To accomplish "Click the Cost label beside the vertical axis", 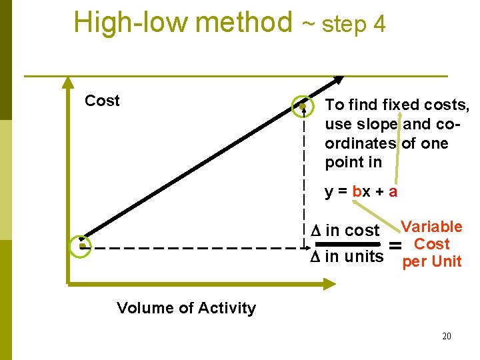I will point(102,101).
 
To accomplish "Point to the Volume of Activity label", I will point(186,308).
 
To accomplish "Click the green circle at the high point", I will point(303,106).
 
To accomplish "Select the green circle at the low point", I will point(81,245).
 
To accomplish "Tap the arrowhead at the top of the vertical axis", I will point(67,82).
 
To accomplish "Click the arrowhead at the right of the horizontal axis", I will point(330,285).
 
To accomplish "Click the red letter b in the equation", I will point(357,192).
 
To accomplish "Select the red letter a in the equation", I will point(393,192).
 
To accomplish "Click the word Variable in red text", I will point(431,227).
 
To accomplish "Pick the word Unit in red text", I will point(447,261).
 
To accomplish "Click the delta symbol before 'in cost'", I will point(316,231).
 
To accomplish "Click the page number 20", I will point(446,336).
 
